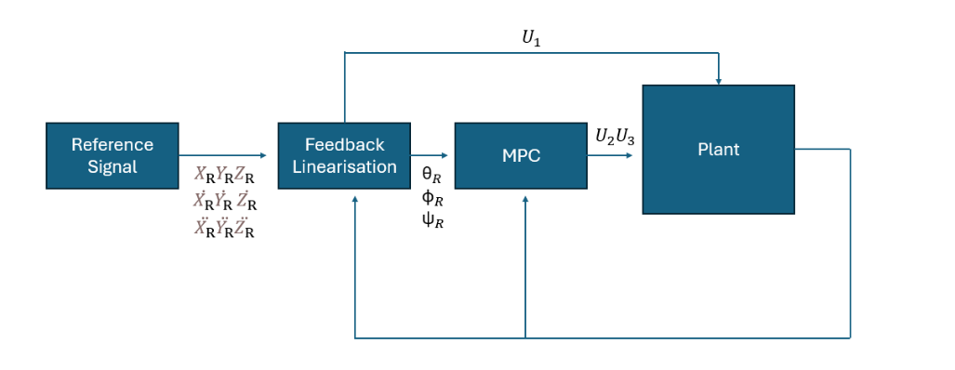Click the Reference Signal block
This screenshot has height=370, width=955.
point(113,155)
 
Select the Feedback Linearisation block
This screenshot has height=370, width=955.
point(344,155)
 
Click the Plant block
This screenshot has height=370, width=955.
point(718,149)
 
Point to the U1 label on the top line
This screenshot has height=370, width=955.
point(532,38)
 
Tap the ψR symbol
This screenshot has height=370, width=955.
point(432,221)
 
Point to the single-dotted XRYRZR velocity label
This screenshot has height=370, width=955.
point(224,201)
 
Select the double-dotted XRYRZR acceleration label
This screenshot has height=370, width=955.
point(224,228)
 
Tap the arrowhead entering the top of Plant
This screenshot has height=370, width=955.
point(718,80)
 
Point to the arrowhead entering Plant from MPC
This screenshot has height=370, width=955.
point(636,155)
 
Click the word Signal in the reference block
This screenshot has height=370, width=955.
point(113,167)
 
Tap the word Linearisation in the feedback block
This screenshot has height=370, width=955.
point(344,167)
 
